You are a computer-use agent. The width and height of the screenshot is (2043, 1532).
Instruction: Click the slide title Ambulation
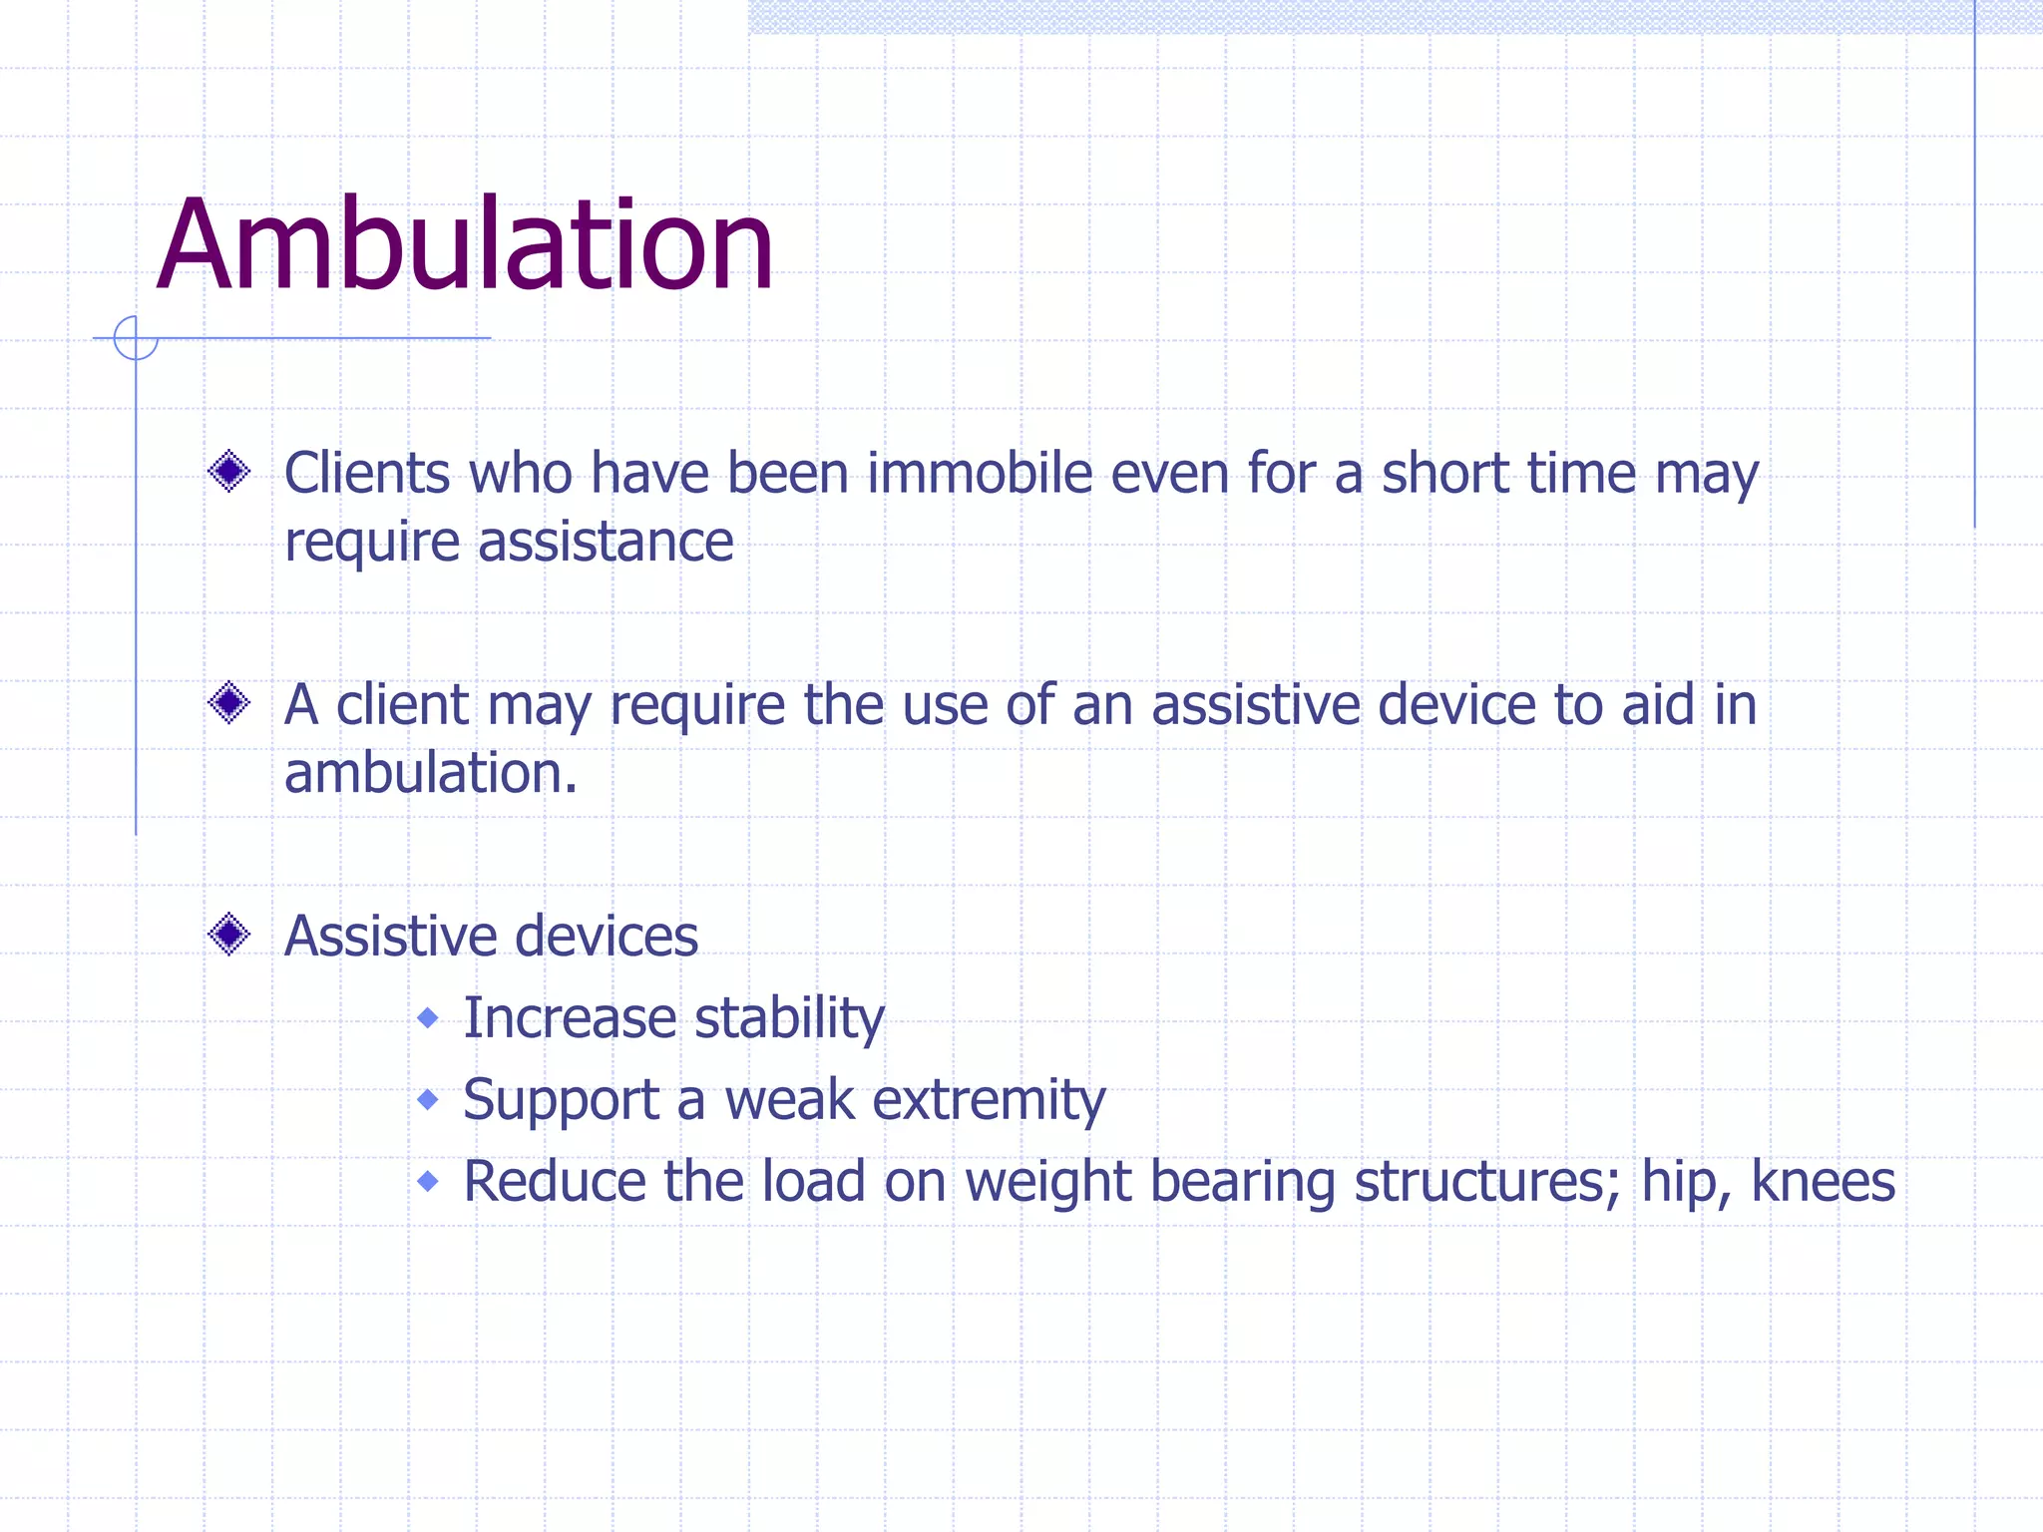(465, 245)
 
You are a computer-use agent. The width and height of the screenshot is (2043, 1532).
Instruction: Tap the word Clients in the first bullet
(367, 473)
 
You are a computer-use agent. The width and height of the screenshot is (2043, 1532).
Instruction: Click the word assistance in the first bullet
(606, 543)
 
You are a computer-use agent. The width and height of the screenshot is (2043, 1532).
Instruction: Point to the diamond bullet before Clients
(229, 471)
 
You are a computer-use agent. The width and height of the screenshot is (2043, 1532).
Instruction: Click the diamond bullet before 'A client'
(229, 703)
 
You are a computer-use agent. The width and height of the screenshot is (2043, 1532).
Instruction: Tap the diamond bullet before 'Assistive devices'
(229, 935)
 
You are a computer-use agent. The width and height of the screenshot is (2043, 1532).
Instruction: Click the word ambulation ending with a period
(431, 774)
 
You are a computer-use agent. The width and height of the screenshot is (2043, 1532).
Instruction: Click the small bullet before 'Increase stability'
(428, 1017)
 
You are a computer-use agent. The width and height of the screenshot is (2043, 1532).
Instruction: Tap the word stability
(789, 1019)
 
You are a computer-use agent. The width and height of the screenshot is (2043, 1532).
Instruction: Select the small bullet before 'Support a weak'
(428, 1099)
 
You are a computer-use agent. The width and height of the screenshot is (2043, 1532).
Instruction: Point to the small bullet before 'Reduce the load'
(428, 1181)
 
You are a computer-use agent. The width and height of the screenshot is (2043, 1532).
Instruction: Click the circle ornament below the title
(136, 337)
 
